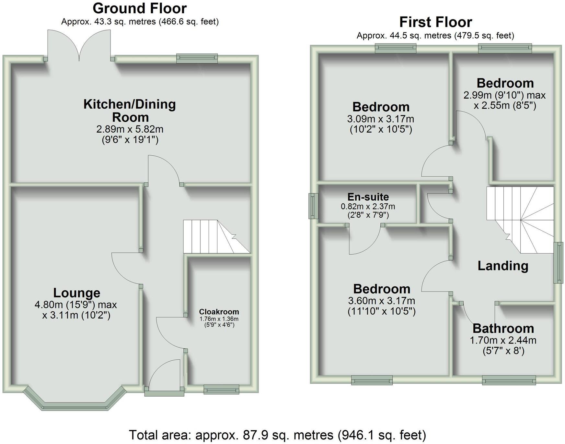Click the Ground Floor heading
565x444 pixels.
(140, 8)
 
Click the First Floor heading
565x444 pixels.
(435, 22)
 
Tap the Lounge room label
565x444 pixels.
(76, 293)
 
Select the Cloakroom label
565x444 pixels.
(219, 312)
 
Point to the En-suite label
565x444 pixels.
(368, 197)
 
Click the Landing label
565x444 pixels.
(503, 266)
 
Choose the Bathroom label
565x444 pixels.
(503, 328)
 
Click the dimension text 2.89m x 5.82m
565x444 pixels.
(130, 129)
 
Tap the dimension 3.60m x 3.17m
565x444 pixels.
(381, 301)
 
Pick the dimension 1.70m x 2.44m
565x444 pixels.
(503, 340)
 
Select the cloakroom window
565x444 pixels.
(221, 389)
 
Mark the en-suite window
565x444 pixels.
(313, 206)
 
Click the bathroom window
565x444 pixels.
(509, 380)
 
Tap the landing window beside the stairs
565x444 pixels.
(558, 263)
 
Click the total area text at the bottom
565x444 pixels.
(277, 435)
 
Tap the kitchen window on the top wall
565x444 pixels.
(197, 58)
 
